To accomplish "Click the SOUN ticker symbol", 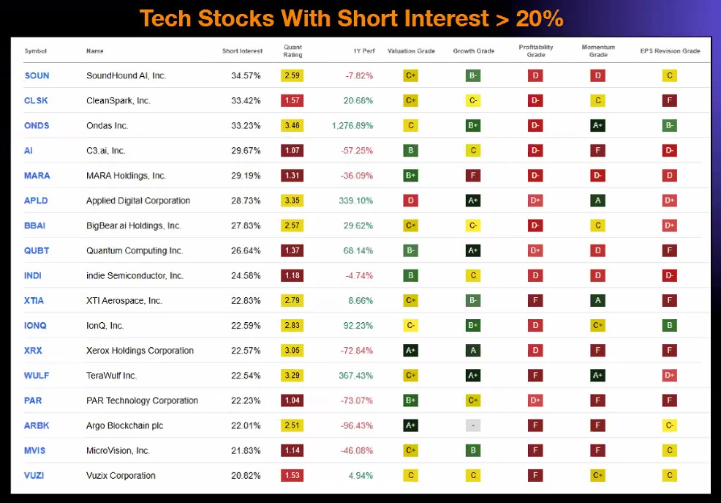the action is point(37,75).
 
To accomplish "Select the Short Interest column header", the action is point(242,51).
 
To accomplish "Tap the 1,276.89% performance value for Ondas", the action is point(352,126).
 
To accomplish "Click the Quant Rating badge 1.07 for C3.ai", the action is point(292,151).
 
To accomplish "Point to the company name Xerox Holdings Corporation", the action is point(140,351).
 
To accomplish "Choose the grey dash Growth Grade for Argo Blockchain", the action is point(473,425).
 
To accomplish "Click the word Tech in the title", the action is point(165,19).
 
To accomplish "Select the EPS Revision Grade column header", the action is point(670,51).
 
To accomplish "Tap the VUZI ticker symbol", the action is point(34,475).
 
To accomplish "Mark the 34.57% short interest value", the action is point(246,75).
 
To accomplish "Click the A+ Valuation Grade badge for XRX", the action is point(411,351).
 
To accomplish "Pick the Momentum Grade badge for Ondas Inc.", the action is point(597,126).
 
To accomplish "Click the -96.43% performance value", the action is point(357,425).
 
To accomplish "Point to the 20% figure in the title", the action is point(540,19).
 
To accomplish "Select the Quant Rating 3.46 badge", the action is point(292,126).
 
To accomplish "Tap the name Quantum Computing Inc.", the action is point(135,251).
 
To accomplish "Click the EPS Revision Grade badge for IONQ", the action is point(670,326).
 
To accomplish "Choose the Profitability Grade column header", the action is point(536,51).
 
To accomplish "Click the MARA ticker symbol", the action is point(37,176).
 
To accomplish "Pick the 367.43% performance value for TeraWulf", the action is point(356,376).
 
